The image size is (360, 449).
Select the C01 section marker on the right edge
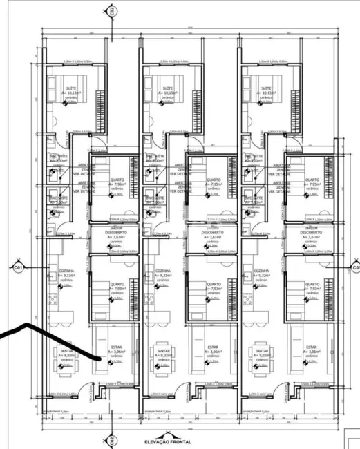355,267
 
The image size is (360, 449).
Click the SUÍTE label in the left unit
69,88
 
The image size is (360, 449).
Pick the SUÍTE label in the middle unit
167,88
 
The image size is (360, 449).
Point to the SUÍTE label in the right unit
265,88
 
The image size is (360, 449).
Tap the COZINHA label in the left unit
66,271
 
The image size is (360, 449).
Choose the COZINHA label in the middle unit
164,271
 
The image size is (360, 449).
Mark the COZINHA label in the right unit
262,271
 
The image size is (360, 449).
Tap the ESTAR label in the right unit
312,347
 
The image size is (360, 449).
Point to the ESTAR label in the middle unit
213,347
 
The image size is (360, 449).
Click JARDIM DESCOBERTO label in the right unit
312,230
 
